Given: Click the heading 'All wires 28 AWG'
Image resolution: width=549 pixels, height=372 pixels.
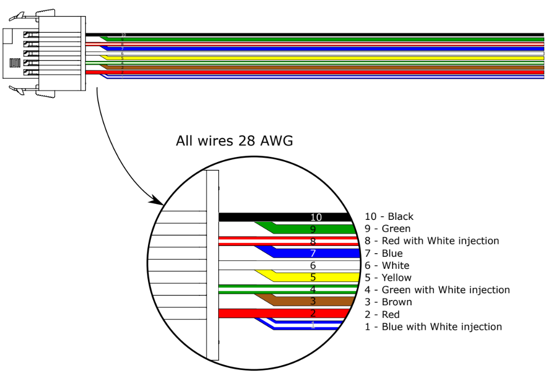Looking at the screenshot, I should point(234,141).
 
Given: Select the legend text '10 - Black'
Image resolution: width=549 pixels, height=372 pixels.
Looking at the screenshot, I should point(389,217).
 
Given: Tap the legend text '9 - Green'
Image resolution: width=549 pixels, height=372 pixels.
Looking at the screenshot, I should point(388,229).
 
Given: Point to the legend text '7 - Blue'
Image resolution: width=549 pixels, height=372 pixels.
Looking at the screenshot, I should point(384,254).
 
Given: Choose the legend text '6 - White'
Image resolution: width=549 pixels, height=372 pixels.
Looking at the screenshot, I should point(387,266).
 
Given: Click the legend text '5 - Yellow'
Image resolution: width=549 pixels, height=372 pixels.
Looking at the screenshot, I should point(388,278).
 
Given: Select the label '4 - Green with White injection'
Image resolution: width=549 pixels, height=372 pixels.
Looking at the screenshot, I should point(437,290).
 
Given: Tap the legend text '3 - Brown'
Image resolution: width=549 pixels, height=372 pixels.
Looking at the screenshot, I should point(388,302).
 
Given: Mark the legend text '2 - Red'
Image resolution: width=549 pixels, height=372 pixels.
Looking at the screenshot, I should point(382,315).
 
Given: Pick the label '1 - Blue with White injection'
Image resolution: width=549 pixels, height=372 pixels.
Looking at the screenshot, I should point(433,327).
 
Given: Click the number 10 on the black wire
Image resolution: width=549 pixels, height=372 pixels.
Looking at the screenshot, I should point(316,217).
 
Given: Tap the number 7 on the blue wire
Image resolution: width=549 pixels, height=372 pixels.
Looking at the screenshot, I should point(313,254).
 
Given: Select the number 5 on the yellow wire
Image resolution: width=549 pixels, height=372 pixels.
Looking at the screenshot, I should point(313,278).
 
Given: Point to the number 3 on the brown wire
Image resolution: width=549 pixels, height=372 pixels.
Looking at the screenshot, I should point(313,302).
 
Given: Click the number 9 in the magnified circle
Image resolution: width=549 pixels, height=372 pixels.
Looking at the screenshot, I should point(313,229).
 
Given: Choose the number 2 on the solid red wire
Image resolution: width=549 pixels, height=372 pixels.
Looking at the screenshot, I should point(313,314).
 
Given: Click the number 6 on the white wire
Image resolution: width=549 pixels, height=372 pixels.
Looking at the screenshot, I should point(313,266).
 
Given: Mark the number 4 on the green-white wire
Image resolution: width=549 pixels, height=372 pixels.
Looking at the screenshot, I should point(313,290).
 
